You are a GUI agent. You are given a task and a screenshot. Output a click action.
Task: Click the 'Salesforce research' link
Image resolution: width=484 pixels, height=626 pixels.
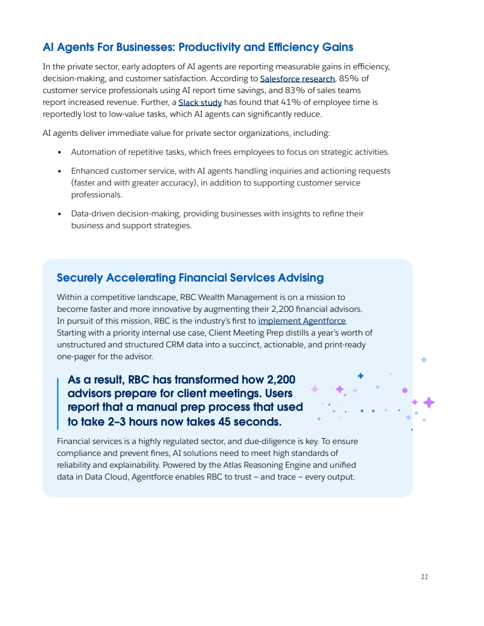[x=297, y=78]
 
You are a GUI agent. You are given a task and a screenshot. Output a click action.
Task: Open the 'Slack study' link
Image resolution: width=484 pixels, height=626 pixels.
[x=200, y=102]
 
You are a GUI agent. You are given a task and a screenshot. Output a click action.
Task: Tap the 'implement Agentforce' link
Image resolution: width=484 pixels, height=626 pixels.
[x=302, y=321]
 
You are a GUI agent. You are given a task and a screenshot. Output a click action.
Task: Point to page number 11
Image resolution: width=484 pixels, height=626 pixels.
[x=424, y=577]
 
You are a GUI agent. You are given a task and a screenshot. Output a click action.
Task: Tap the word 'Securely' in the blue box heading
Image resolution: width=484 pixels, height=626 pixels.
[x=80, y=277]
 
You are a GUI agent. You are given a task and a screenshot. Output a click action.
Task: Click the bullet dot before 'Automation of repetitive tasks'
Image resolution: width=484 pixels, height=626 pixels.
[x=60, y=152]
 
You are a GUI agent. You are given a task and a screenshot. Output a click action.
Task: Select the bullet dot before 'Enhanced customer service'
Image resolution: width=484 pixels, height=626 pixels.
[x=60, y=171]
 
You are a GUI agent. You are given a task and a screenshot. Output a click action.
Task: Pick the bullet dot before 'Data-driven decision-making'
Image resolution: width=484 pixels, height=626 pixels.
[x=60, y=213]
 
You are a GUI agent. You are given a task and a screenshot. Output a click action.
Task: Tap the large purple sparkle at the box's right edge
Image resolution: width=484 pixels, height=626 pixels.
[x=429, y=403]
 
